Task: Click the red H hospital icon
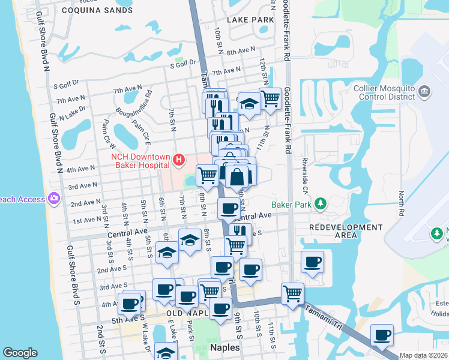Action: [178, 160]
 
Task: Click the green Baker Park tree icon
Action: [321, 204]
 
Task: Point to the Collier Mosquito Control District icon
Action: [424, 92]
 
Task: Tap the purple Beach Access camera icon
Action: [54, 197]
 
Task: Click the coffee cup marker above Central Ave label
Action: [229, 208]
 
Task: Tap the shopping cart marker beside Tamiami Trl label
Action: [292, 293]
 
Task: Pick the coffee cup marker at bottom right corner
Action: [382, 334]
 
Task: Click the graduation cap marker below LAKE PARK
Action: [247, 104]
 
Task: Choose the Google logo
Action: [20, 353]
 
